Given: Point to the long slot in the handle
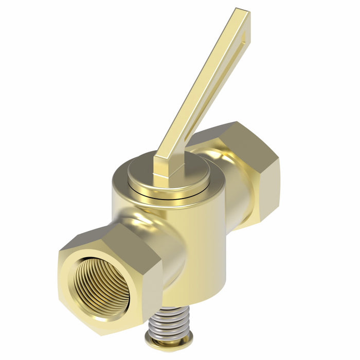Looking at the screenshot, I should coord(226,77).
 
